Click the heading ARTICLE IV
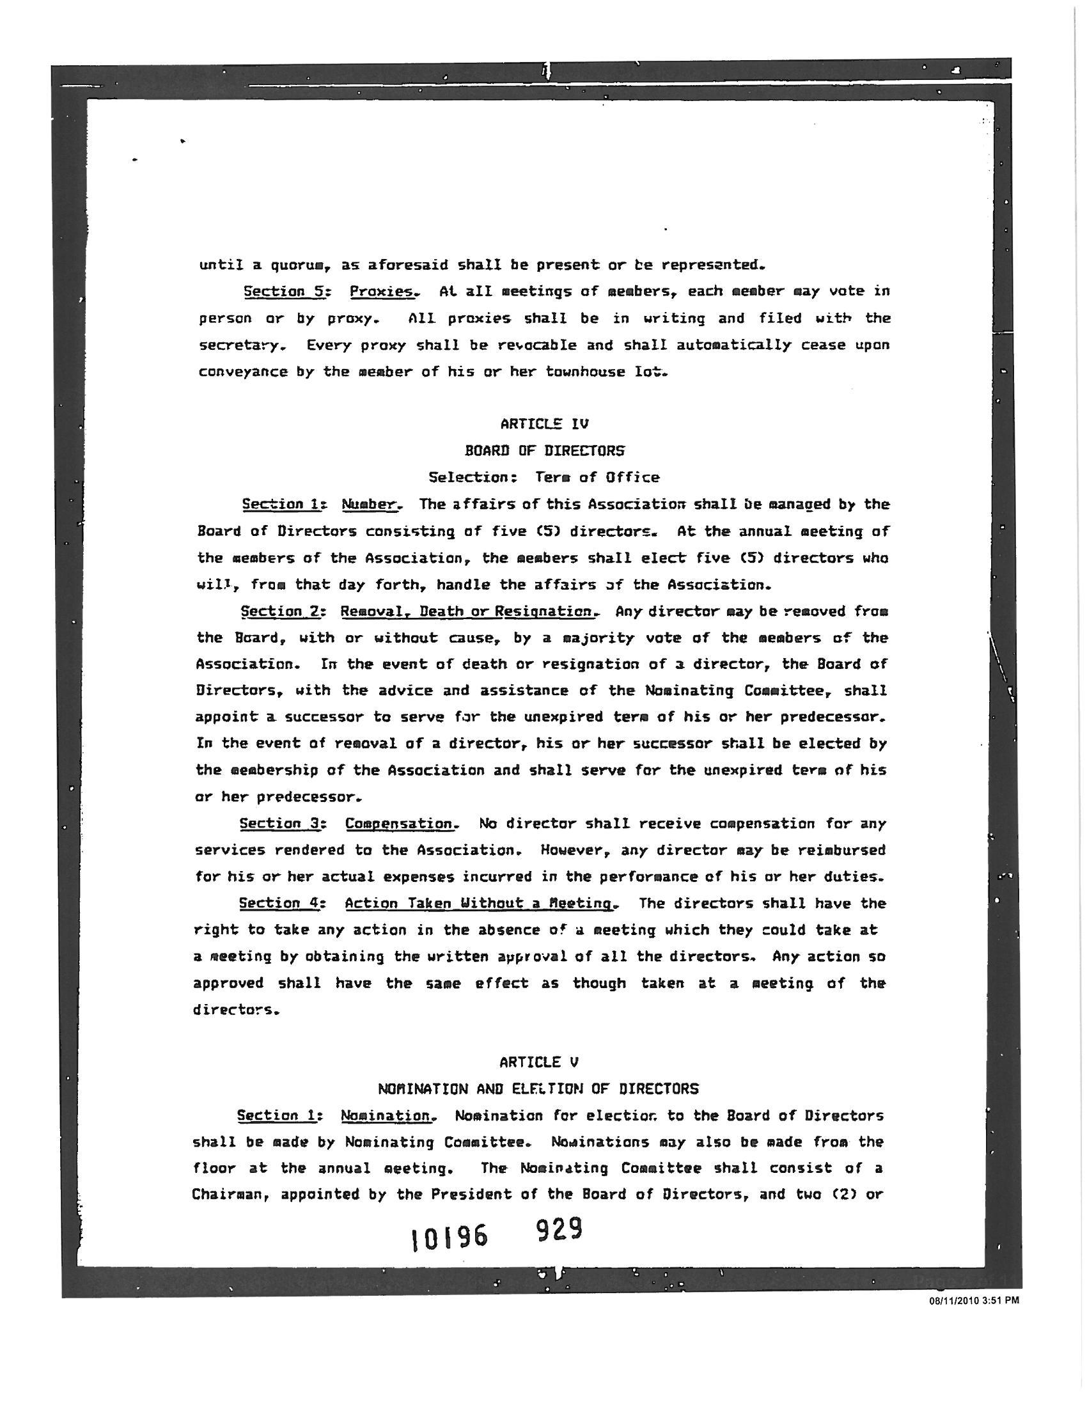point(544,424)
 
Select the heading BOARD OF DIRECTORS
point(544,450)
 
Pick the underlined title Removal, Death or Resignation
point(469,611)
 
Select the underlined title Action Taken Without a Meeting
point(481,904)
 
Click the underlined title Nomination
point(386,1115)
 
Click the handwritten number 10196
point(449,1238)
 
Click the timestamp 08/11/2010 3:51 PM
point(974,1301)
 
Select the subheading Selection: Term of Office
point(544,477)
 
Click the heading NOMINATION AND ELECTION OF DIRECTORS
point(538,1089)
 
